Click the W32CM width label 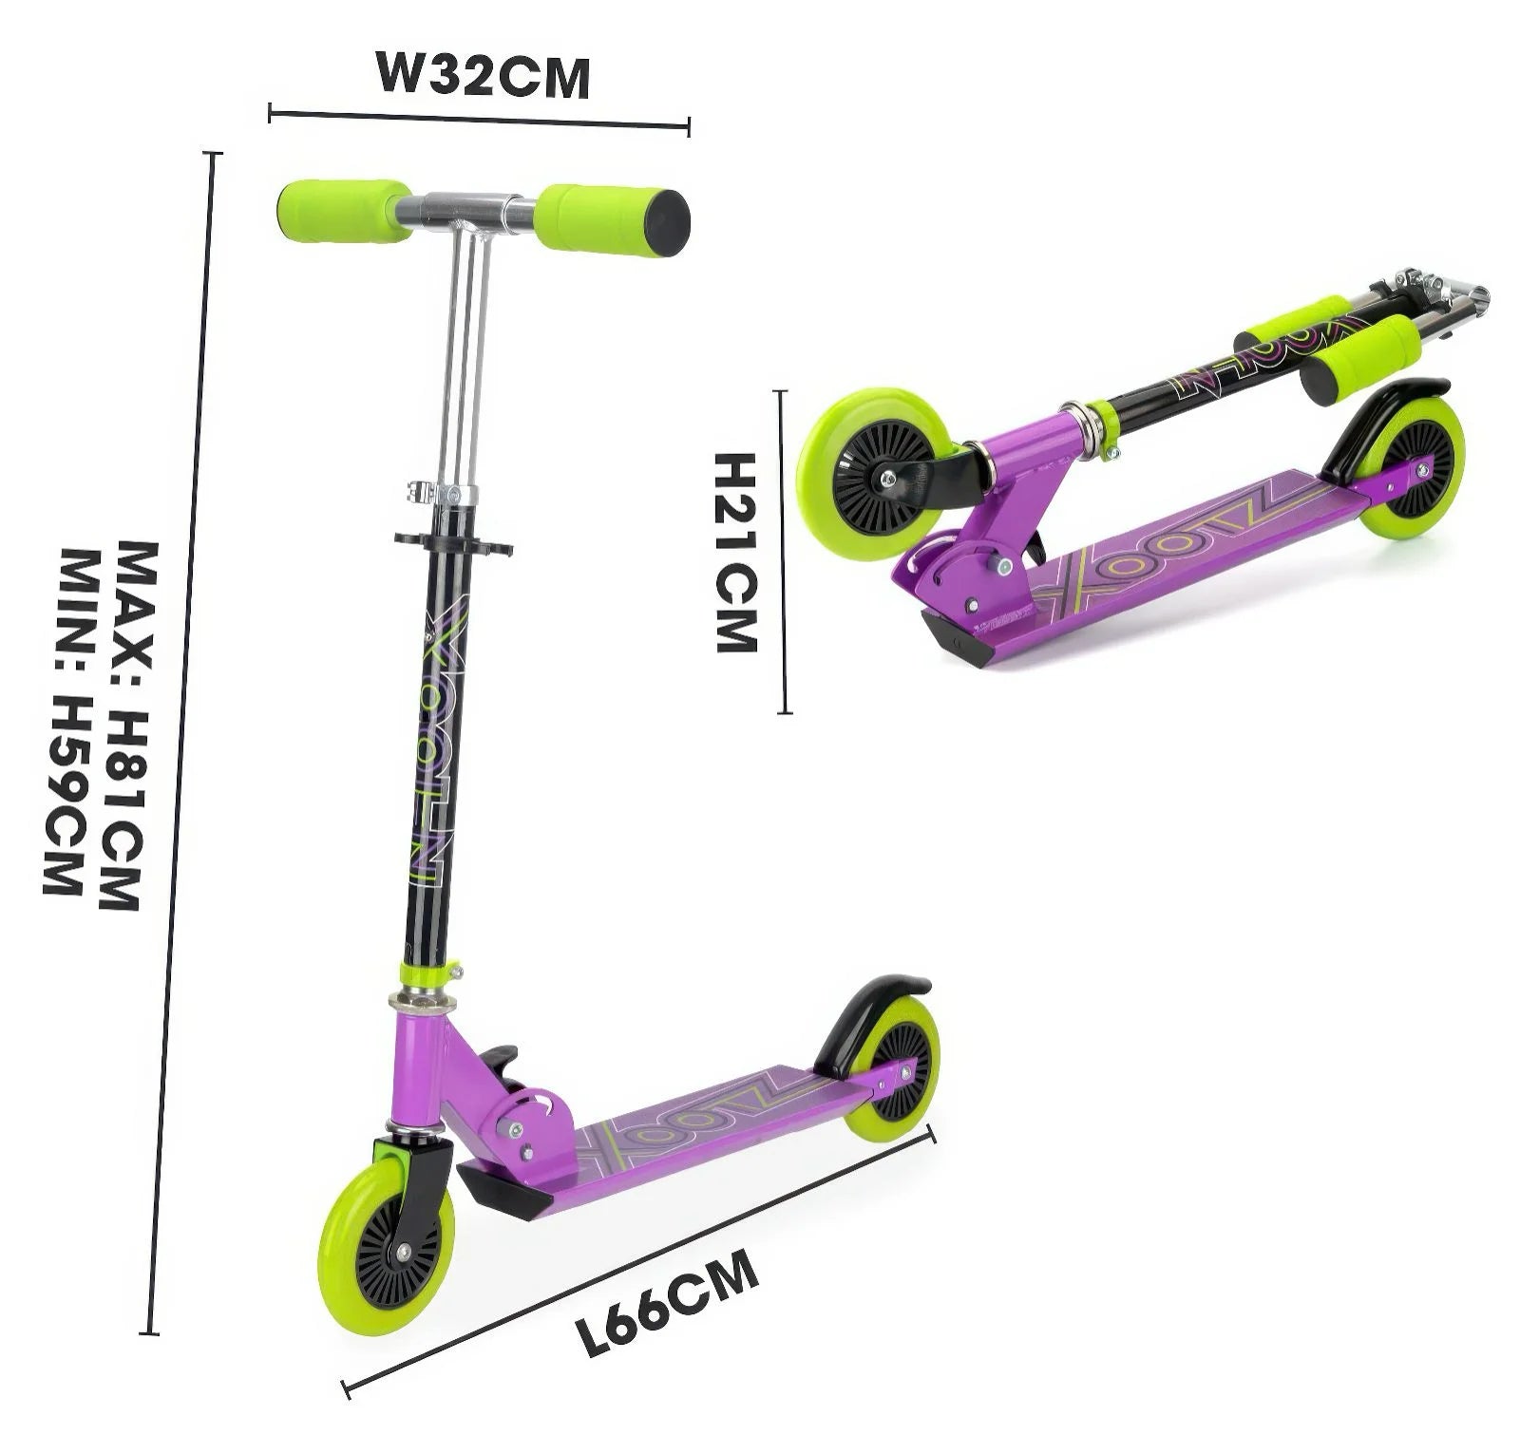(x=484, y=75)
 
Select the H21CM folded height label (x=735, y=552)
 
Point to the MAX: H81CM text (x=123, y=726)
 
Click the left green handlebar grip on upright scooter (x=343, y=211)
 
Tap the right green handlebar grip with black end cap (x=611, y=220)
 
